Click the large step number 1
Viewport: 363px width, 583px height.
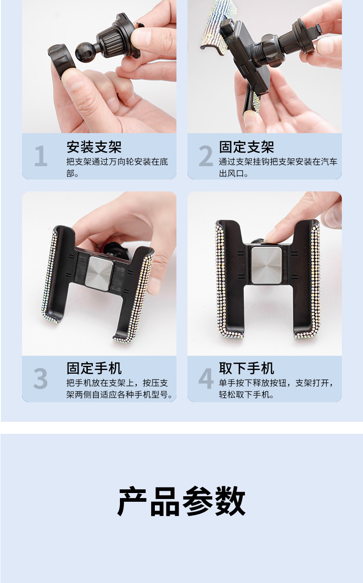pos(41,156)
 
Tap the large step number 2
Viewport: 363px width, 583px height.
pos(206,156)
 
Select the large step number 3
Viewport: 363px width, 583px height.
pos(40,378)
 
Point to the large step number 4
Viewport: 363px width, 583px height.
pos(206,378)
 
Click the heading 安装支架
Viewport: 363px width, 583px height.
pos(94,147)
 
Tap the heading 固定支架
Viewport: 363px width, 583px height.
pos(246,147)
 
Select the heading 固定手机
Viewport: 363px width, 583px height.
pos(94,368)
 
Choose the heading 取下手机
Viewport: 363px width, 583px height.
pos(246,368)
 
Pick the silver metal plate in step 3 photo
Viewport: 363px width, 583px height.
pos(99,274)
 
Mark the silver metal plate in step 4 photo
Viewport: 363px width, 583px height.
pos(266,265)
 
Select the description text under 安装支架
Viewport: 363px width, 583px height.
pos(117,168)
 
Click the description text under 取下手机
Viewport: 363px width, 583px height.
pos(277,389)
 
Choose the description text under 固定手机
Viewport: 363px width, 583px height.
pos(119,389)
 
